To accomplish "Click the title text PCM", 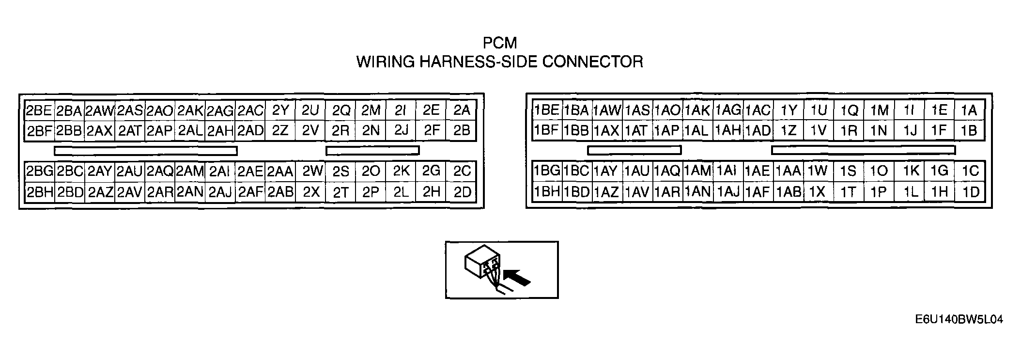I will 500,43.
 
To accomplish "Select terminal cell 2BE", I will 39,110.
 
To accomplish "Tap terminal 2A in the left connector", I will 462,110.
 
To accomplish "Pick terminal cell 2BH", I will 39,192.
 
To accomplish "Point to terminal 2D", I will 462,192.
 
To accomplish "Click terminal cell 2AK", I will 190,110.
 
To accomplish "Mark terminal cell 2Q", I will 341,110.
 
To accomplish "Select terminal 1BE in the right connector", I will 546,110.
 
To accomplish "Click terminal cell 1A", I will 969,110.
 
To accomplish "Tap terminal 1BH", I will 546,192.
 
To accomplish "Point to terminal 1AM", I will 697,171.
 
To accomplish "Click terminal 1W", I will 818,171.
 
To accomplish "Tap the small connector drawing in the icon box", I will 481,266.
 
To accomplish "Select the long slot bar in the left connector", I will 146,151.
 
